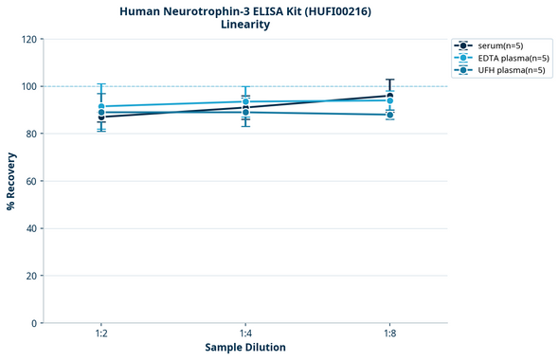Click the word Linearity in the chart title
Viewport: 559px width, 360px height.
(244, 25)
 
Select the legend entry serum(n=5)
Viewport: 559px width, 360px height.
(499, 45)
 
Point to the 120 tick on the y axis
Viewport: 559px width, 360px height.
(29, 40)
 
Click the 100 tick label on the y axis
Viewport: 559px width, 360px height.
(29, 87)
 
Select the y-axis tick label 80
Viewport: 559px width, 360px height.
(32, 135)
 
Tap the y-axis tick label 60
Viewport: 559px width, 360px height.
(32, 181)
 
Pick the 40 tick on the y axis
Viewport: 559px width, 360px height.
(32, 228)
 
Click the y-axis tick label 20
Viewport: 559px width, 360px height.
(32, 276)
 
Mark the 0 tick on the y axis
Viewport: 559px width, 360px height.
(35, 323)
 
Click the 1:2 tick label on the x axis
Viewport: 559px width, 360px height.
(101, 334)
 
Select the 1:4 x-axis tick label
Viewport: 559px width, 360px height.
(245, 334)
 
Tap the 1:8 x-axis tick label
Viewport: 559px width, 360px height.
(389, 334)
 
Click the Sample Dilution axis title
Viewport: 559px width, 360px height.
(245, 348)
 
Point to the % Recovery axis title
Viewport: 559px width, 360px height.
(11, 181)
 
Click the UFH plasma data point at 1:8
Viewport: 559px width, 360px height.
(389, 115)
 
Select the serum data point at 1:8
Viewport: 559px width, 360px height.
(389, 96)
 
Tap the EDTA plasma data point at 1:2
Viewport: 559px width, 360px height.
(101, 107)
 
